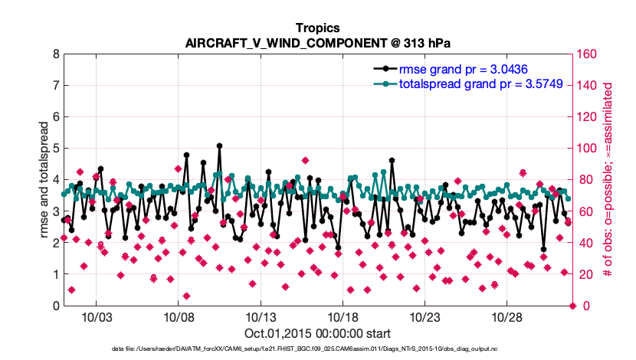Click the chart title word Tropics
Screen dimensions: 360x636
(x=317, y=28)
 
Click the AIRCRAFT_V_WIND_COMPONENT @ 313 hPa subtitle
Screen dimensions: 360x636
(x=317, y=43)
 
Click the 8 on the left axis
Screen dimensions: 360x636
(x=55, y=54)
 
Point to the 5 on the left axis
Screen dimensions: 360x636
(x=55, y=149)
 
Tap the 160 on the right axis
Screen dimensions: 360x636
(x=586, y=54)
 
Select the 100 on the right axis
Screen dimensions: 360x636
(x=586, y=149)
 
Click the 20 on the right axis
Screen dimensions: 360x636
(x=583, y=274)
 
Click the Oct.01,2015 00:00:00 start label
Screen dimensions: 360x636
(x=317, y=334)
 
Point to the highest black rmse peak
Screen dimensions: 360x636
(x=219, y=145)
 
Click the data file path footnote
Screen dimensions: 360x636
(x=317, y=349)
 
